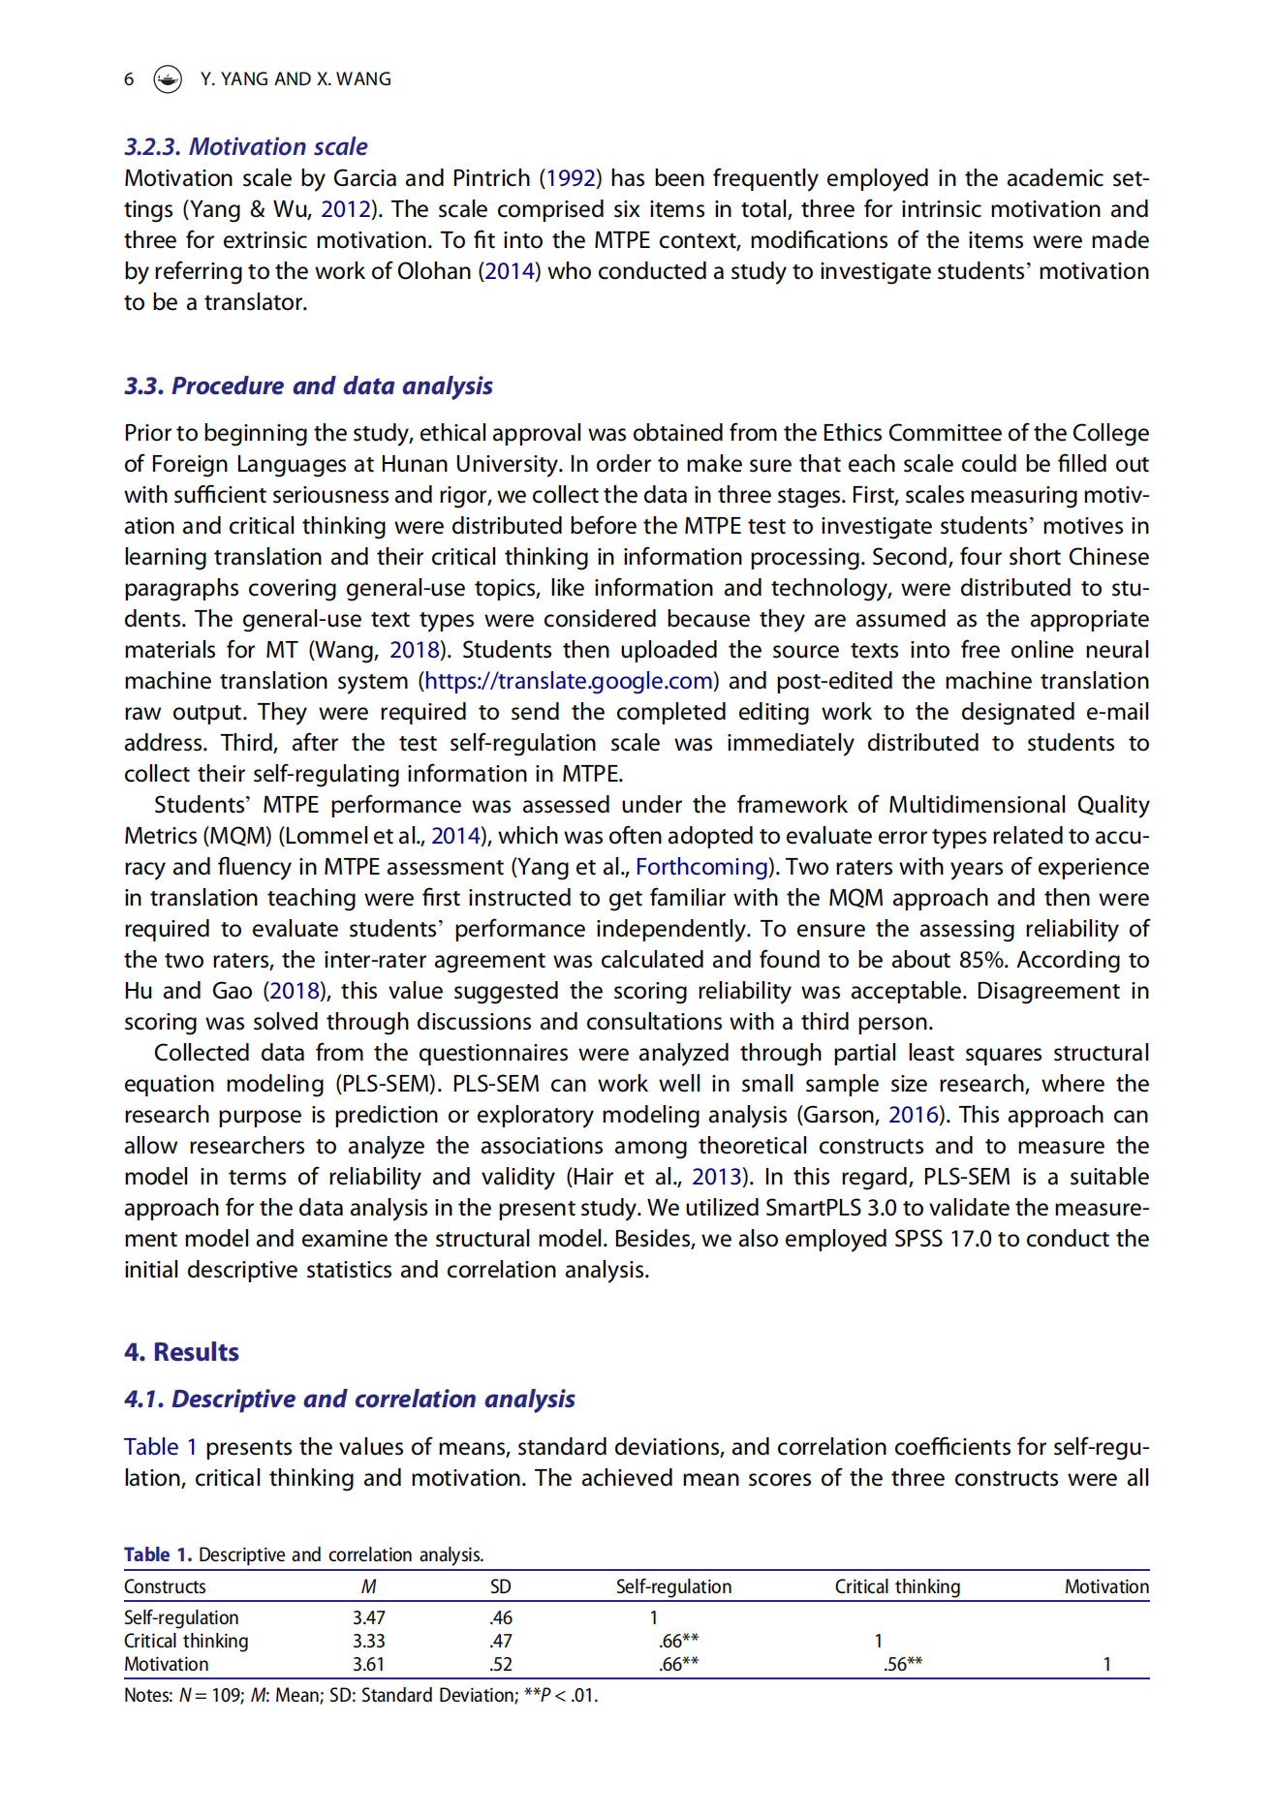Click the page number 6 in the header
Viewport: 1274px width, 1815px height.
(129, 79)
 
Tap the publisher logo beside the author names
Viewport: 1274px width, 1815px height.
(168, 79)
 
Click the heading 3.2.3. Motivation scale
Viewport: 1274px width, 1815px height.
(245, 146)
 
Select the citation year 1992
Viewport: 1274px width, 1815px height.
(571, 178)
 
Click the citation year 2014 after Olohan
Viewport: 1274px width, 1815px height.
(509, 271)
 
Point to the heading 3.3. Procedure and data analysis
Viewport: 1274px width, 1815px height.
(308, 385)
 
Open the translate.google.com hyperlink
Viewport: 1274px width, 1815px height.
(569, 681)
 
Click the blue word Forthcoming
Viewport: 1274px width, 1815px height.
(701, 867)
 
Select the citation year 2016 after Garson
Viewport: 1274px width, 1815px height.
(914, 1115)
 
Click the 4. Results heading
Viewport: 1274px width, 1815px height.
(181, 1352)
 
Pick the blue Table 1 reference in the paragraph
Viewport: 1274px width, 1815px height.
(160, 1447)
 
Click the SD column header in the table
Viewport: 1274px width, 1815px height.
(500, 1586)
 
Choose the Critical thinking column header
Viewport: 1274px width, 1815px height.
(897, 1586)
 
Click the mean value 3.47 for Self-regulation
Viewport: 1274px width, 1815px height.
(368, 1617)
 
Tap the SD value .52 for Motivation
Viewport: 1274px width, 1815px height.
(500, 1664)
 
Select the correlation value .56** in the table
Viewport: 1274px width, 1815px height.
(902, 1664)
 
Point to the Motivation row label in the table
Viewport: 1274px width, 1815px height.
(166, 1664)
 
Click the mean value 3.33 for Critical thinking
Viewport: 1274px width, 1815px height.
(368, 1641)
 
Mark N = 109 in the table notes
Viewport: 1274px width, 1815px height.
(210, 1695)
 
